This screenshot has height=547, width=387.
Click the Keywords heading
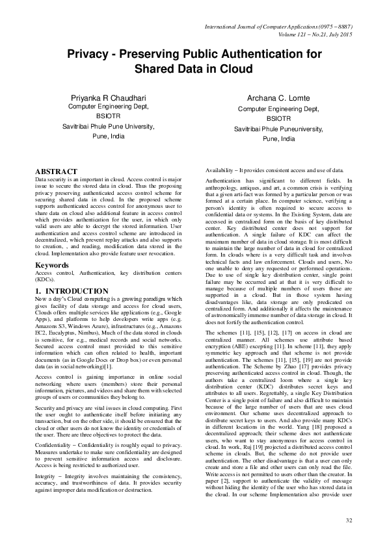(53, 266)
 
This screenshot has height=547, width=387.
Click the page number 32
(349, 520)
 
